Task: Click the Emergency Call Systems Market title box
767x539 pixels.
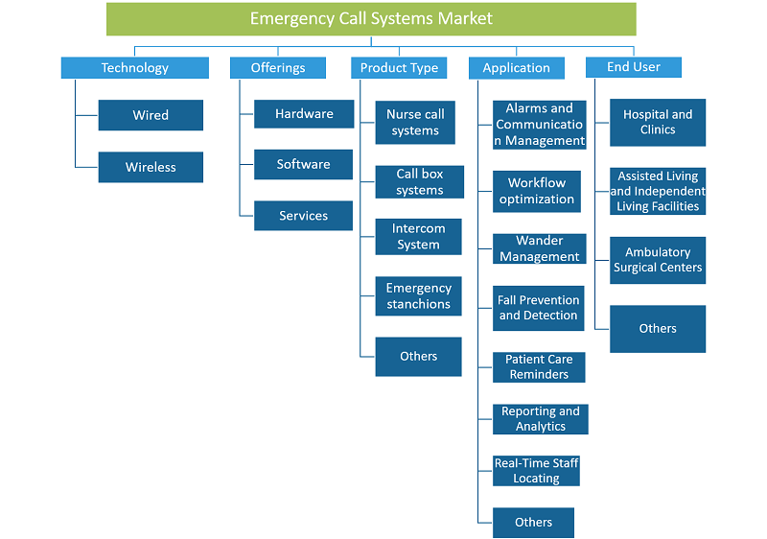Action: [x=371, y=19]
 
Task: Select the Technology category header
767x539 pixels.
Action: [x=135, y=67]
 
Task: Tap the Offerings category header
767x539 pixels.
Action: [x=278, y=67]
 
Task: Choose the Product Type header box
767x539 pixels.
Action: [x=399, y=67]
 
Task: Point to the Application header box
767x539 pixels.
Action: [x=517, y=68]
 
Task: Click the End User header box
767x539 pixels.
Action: [x=634, y=67]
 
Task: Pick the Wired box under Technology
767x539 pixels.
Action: [x=151, y=115]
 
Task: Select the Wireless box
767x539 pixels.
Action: [x=151, y=167]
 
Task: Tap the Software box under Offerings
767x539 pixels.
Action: [x=303, y=164]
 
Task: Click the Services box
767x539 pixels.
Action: [x=303, y=216]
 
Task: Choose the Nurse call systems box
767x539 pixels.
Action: [x=415, y=123]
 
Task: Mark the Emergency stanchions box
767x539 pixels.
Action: [x=419, y=296]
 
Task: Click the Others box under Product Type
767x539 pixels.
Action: [x=419, y=357]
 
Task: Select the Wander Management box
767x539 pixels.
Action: [x=540, y=249]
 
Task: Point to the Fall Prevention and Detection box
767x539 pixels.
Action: [x=539, y=308]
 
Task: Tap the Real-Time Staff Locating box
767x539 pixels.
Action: [x=536, y=471]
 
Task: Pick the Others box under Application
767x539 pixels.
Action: [x=534, y=523]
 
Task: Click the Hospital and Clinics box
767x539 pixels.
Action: [x=658, y=123]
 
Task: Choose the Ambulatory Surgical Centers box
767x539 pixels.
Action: [x=658, y=260]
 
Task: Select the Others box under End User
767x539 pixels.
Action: [x=658, y=329]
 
